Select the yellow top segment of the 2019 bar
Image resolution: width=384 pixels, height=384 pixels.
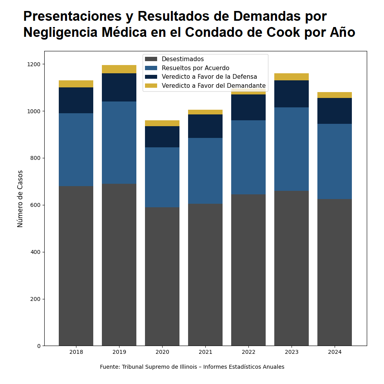pos(119,69)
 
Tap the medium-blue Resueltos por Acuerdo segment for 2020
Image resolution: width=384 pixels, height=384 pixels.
pos(162,177)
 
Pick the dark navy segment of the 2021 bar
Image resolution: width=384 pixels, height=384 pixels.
pos(205,126)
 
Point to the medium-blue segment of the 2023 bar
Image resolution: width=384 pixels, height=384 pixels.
pos(292,149)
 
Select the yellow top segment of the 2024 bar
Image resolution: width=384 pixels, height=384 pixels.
pos(335,95)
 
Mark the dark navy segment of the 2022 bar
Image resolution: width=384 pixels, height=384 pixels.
pos(248,107)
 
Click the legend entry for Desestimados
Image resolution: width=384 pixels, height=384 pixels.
pos(183,59)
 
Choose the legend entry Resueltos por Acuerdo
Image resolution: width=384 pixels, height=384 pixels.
pos(195,68)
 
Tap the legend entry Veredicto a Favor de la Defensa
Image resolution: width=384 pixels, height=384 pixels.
pos(209,77)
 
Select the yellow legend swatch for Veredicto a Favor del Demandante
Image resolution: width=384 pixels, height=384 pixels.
pos(151,86)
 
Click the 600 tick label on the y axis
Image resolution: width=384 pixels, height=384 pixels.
pos(36,205)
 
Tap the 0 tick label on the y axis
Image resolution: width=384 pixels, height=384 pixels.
pos(39,346)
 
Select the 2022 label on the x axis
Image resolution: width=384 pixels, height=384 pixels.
pos(248,352)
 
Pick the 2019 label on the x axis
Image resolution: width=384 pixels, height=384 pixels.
pos(119,352)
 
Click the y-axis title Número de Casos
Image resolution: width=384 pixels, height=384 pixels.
pos(20,199)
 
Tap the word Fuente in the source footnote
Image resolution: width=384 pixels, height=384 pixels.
pos(109,367)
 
